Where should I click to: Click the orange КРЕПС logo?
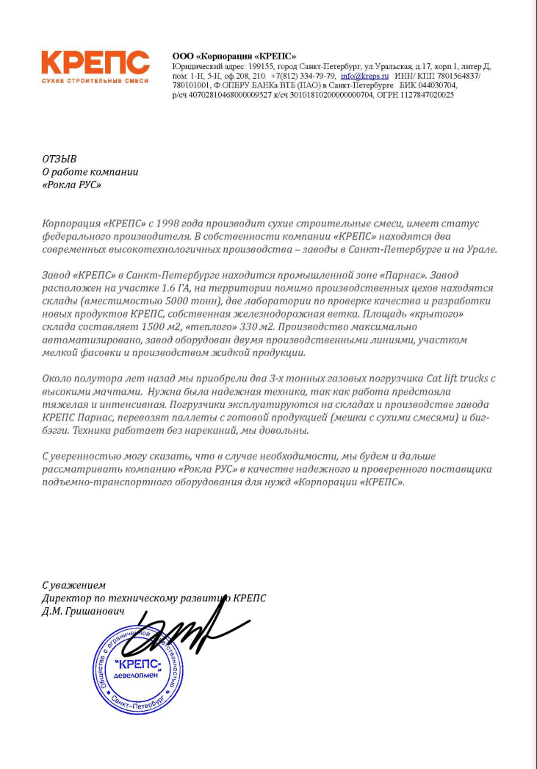click(x=95, y=62)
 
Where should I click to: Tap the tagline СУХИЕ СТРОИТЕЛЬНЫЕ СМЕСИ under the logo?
click(x=95, y=79)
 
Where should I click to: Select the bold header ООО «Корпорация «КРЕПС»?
click(x=234, y=56)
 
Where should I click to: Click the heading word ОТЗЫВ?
click(x=60, y=159)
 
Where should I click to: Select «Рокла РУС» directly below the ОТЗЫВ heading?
click(x=71, y=185)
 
